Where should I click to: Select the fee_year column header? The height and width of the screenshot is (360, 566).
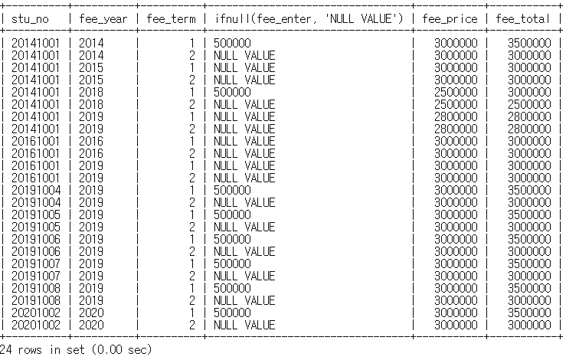pos(101,18)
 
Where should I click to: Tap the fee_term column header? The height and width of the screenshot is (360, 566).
pos(169,18)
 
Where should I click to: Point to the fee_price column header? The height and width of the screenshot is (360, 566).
pos(450,18)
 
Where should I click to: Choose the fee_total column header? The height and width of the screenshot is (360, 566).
pos(523,18)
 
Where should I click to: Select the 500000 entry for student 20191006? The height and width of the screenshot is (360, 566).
pos(232,239)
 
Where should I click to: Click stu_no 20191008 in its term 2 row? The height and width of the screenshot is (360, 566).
pos(35,300)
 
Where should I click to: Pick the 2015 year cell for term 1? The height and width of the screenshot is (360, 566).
pos(91,67)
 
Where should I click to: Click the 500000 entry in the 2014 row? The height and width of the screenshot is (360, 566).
pos(232,43)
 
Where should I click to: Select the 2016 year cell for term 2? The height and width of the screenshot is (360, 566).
pos(91,153)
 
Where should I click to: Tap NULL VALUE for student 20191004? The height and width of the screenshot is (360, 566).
pos(244,202)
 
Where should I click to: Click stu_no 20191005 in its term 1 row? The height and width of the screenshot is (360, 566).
pos(35,214)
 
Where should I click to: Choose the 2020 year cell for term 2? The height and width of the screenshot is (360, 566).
pos(91,325)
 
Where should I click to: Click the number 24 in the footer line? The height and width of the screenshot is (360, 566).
pos(6,350)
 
